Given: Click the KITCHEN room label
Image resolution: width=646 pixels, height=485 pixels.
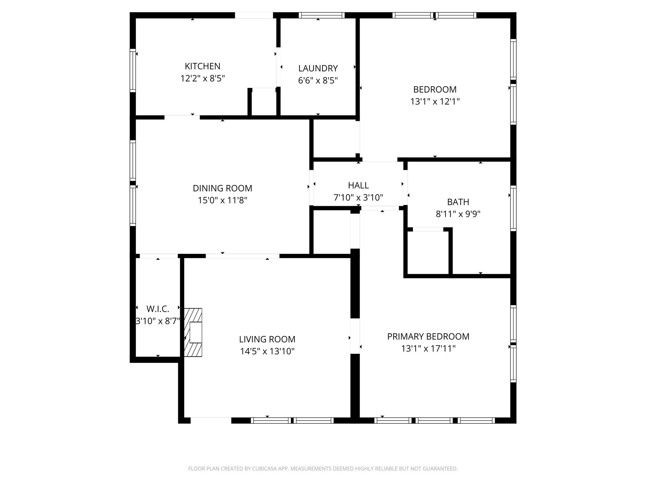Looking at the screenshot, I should [202, 66].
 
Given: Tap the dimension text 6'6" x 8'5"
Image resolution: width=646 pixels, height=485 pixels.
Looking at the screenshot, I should [318, 81].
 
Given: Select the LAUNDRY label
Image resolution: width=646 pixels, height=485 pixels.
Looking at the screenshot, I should [318, 68].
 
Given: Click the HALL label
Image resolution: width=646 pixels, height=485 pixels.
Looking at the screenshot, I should [358, 185].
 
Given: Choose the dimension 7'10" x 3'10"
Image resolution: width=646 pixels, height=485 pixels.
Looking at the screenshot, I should [358, 198].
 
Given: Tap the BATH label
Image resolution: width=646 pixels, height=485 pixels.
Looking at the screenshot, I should [458, 202].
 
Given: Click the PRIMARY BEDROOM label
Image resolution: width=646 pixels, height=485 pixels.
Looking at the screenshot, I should [428, 337].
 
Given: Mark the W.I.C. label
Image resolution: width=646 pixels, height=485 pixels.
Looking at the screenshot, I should [158, 309].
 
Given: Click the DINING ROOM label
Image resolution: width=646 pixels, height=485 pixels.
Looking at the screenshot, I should [222, 188].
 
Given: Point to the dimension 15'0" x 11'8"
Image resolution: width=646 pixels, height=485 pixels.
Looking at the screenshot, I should [222, 201].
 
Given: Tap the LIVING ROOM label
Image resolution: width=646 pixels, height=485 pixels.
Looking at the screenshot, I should [267, 339].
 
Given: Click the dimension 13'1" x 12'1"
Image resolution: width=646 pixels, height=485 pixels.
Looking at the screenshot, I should [435, 102].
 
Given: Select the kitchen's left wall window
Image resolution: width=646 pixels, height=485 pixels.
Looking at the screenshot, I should [133, 70].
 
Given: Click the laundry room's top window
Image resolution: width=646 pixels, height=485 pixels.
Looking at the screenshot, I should [321, 15].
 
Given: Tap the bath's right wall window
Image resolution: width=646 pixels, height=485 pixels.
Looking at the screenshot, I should [513, 208].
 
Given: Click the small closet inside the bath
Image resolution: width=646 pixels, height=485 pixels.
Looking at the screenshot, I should [428, 253].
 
